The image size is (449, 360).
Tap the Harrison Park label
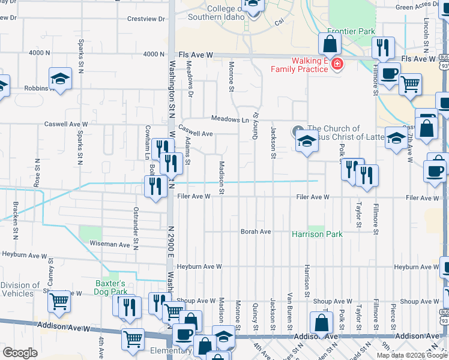coord(317,234)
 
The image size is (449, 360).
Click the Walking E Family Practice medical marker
coord(337,64)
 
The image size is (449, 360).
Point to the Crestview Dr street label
coord(146,19)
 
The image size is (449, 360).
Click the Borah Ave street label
coord(256,232)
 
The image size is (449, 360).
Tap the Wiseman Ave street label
coord(110,245)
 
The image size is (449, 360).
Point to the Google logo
coord(20,353)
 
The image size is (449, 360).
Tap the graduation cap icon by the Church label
coord(307,142)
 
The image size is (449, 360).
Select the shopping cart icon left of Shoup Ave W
coord(59,302)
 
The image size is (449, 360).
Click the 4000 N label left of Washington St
coord(39,53)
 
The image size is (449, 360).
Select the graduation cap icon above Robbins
coord(60,79)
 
